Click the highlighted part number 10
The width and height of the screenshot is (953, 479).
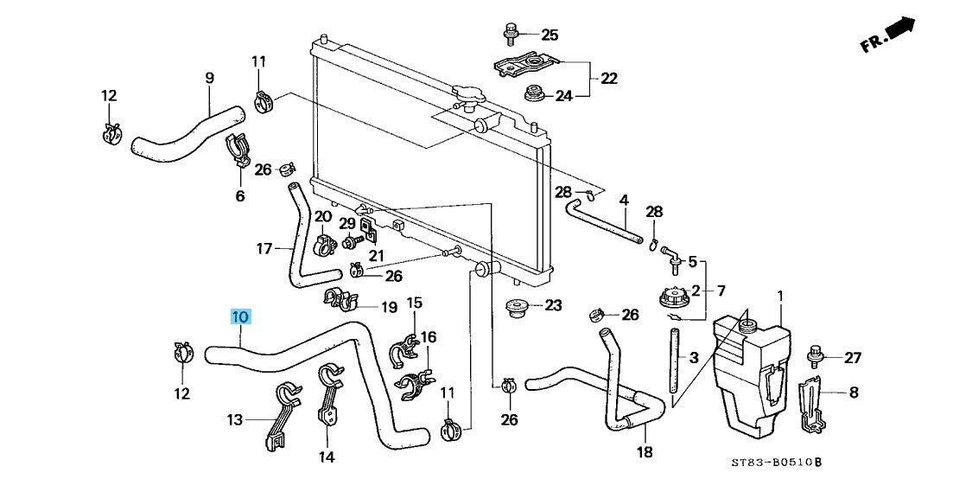point(240,317)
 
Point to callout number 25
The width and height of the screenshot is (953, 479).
point(550,35)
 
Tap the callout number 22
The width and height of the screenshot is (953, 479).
point(609,79)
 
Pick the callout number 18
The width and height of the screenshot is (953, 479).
point(645,452)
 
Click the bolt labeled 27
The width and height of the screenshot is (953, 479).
point(816,354)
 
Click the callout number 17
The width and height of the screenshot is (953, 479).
point(264,250)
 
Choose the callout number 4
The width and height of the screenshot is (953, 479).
point(624,201)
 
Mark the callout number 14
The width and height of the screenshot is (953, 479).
point(327,457)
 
